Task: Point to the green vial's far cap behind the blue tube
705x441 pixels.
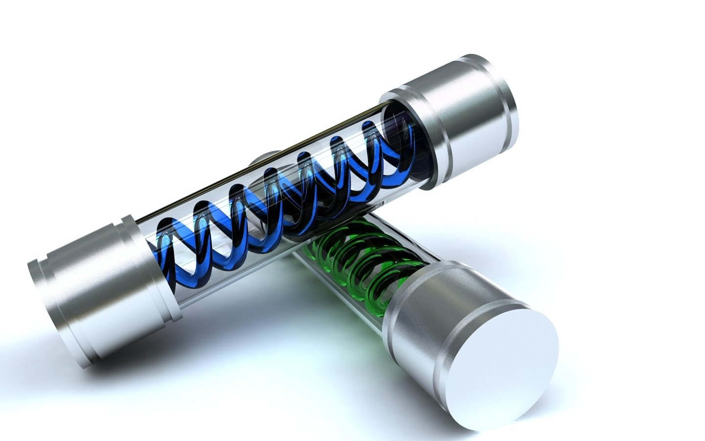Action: point(264,159)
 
